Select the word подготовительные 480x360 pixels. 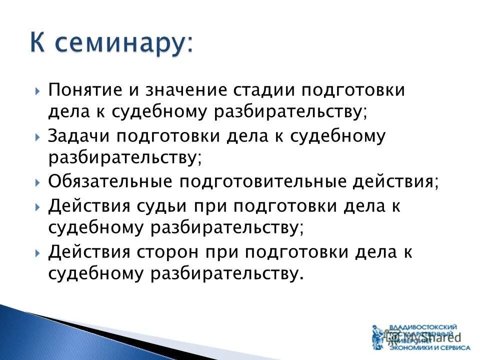pyautogui.click(x=263, y=181)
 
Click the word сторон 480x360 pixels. pyautogui.click(x=169, y=251)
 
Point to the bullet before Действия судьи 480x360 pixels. pyautogui.click(x=38, y=206)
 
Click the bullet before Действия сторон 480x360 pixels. pyautogui.click(x=38, y=252)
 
